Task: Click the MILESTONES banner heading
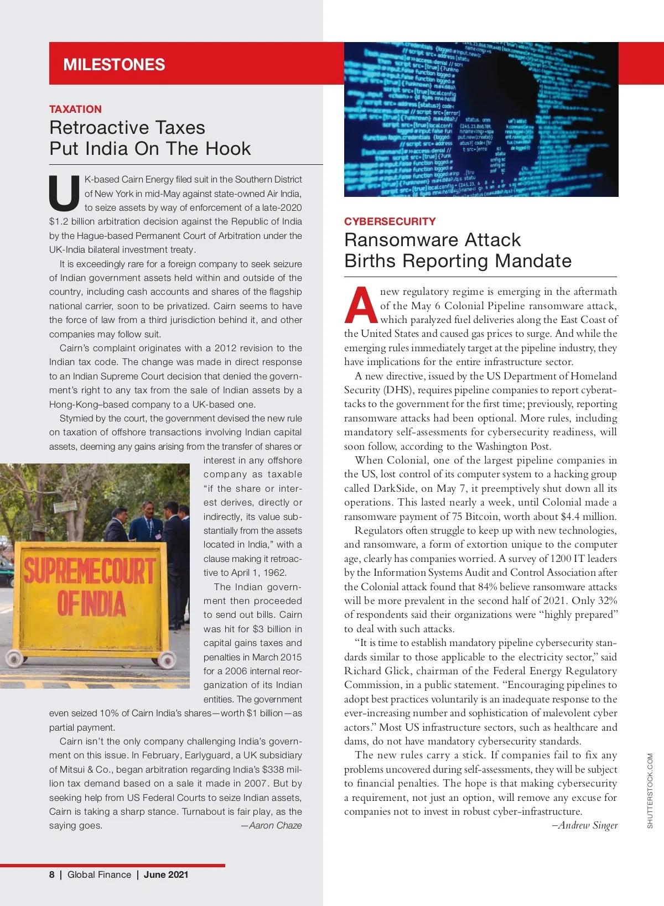click(x=114, y=65)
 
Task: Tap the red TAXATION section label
click(x=75, y=109)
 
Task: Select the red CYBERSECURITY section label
click(x=390, y=221)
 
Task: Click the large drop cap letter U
click(x=64, y=194)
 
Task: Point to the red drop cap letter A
click(x=360, y=305)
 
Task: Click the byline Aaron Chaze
click(x=272, y=825)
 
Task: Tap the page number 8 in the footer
click(x=52, y=874)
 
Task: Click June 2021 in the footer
click(x=166, y=874)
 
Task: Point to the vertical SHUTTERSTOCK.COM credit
click(x=650, y=790)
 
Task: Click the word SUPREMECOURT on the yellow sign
click(x=89, y=571)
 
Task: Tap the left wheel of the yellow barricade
click(x=15, y=658)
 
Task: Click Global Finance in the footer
click(x=99, y=874)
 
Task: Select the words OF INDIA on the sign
click(x=91, y=603)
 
